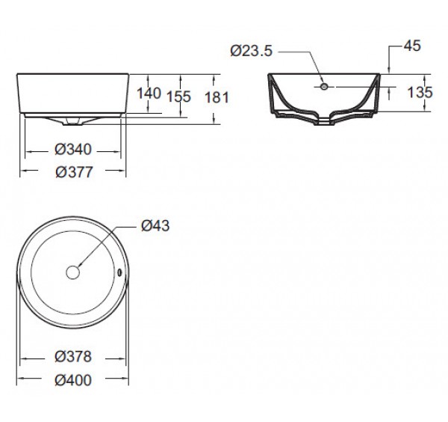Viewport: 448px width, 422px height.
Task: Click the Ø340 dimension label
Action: point(73,150)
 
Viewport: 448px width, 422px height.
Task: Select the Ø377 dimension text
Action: point(74,172)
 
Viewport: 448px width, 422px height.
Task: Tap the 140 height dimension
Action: point(149,94)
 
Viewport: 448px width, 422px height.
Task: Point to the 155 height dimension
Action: point(179,97)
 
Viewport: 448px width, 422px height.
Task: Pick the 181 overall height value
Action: point(217,97)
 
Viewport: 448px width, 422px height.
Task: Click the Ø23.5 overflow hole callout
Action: point(252,51)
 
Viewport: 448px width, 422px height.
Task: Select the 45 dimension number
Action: point(412,46)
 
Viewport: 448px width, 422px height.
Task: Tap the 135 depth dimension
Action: point(420,92)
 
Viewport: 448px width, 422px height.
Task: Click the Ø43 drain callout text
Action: point(155,226)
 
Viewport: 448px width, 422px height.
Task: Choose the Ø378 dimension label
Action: point(73,357)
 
